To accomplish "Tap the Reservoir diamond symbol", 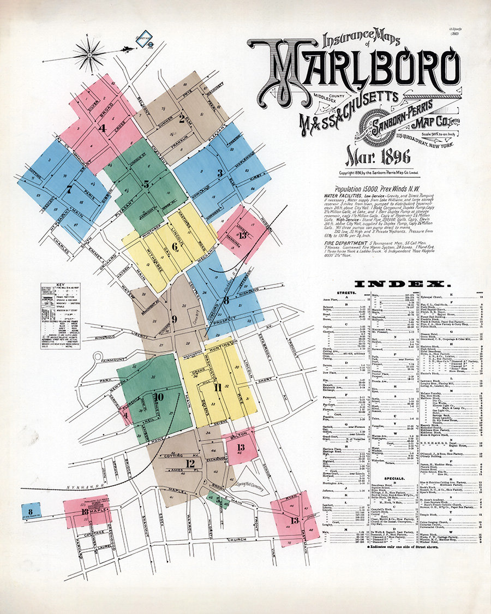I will coord(144,39).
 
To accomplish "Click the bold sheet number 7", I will coord(69,190).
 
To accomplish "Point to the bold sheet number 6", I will coord(175,246).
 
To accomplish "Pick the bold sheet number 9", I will coord(174,319).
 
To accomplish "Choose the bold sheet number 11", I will coord(218,388).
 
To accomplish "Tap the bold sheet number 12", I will coord(190,464).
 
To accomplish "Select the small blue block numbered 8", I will coord(27,511).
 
